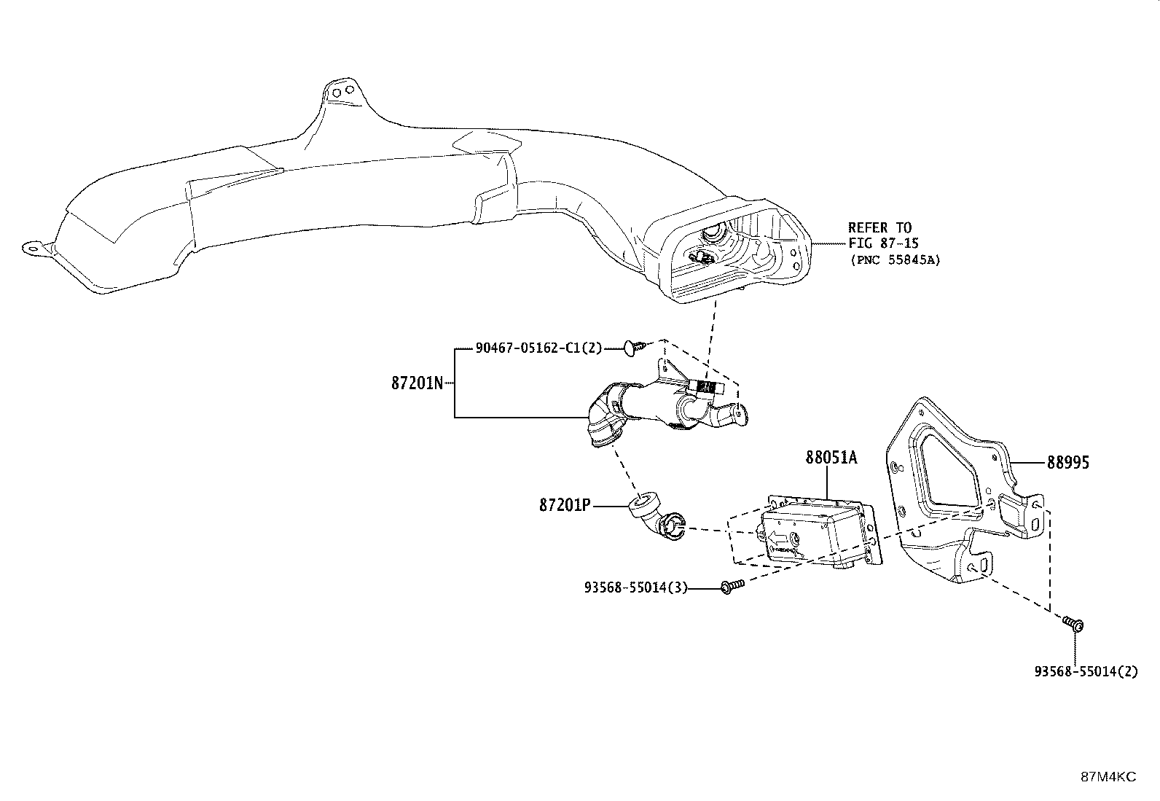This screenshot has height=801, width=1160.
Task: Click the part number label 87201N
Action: point(417,383)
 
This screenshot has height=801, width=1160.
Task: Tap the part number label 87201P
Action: point(565,505)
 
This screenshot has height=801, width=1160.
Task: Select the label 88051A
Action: point(831,458)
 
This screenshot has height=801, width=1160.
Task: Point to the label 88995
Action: point(1067,462)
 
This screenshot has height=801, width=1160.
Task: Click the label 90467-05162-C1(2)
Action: point(539,348)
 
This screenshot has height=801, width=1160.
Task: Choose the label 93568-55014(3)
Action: point(636,587)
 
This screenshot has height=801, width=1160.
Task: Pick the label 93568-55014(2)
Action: point(1086,671)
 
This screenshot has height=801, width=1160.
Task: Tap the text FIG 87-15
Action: point(883,243)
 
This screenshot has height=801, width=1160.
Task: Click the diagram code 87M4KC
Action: point(1108,777)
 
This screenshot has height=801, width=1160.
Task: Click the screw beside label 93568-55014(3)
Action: point(732,587)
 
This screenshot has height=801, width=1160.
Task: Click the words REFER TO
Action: point(880,227)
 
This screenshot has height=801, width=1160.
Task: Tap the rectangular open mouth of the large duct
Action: point(734,254)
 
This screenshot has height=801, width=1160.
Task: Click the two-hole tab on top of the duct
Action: point(342,91)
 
